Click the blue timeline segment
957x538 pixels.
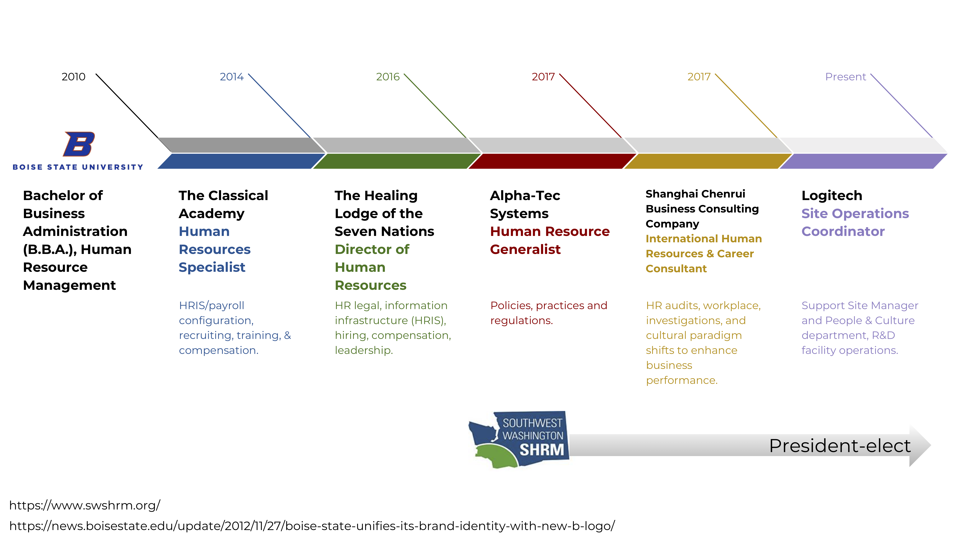(x=241, y=161)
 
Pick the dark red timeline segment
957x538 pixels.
(x=553, y=161)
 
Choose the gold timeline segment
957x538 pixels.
(x=708, y=161)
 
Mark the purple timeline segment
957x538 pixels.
(x=863, y=161)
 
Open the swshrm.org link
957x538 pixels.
(x=85, y=505)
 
